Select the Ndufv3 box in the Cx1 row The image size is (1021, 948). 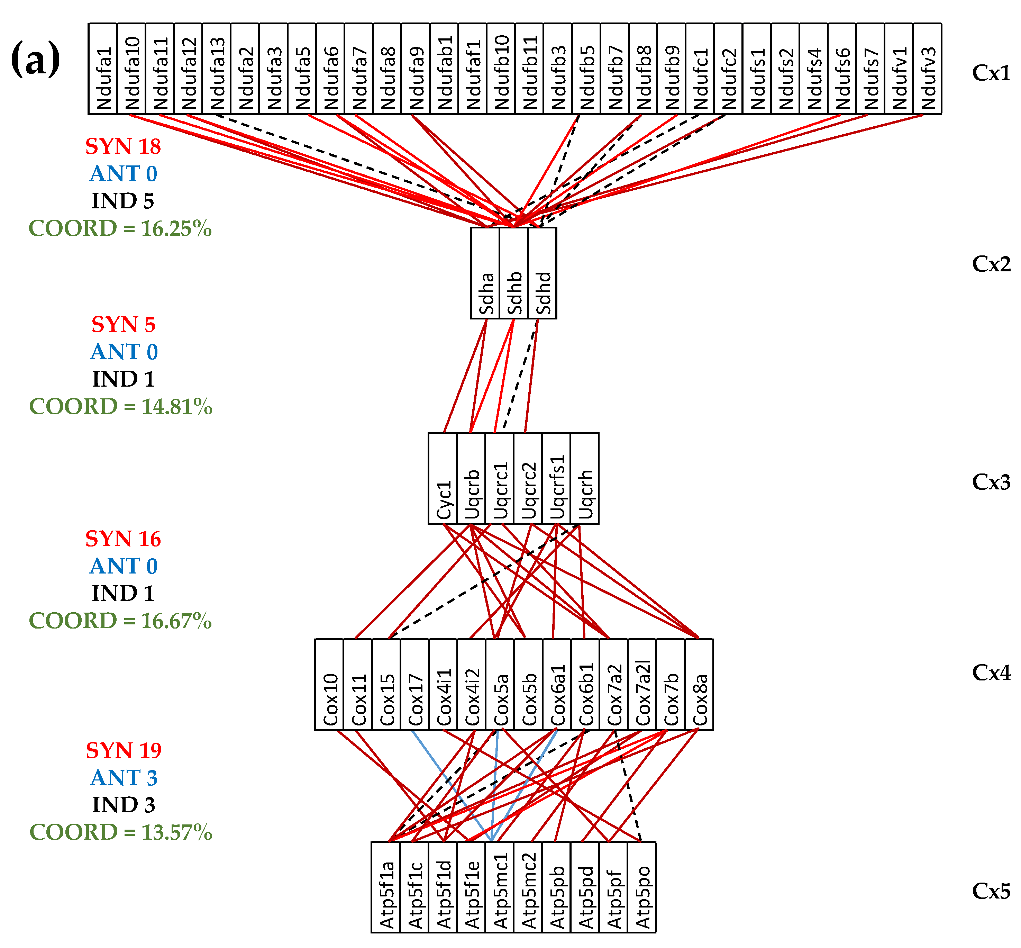(x=927, y=69)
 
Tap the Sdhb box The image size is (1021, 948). (x=513, y=273)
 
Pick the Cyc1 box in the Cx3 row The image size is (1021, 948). (x=443, y=478)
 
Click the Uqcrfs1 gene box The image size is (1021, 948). (x=556, y=478)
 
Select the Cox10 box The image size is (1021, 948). (x=329, y=684)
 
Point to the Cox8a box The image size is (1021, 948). (x=699, y=684)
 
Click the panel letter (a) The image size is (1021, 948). (x=35, y=59)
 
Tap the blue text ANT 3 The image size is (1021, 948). (x=124, y=778)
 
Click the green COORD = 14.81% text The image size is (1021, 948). (x=120, y=406)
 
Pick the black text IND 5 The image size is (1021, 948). (x=122, y=201)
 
